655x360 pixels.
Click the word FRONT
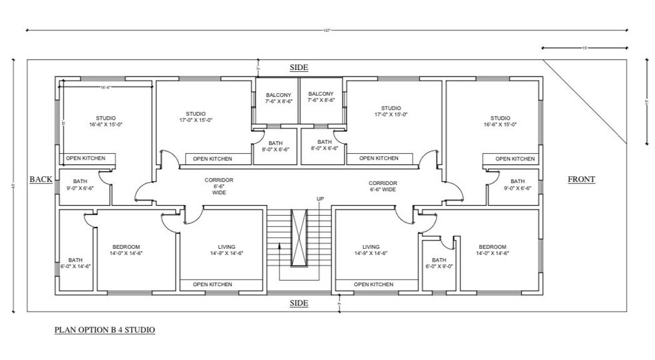[x=580, y=179]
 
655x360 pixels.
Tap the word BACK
[x=40, y=179]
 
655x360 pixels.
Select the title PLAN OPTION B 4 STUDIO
[x=105, y=329]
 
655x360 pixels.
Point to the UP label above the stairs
[x=319, y=199]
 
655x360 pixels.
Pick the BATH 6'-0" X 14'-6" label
[x=75, y=263]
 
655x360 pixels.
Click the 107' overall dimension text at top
[x=327, y=30]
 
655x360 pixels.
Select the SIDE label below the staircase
[x=299, y=303]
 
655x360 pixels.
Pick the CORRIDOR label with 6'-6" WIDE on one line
[x=383, y=186]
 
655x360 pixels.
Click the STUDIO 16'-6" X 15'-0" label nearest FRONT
[x=500, y=121]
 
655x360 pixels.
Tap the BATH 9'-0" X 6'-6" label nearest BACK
[x=80, y=184]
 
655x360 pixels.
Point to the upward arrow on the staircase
[x=280, y=250]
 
